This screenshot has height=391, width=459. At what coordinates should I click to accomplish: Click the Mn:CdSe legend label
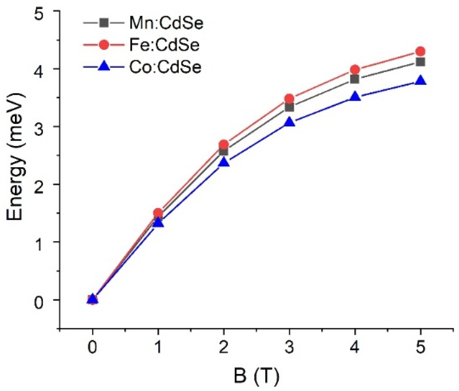[x=166, y=23]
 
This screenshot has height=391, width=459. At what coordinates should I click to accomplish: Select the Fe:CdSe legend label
[x=164, y=45]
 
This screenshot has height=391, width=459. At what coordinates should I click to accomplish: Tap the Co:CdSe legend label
[x=165, y=67]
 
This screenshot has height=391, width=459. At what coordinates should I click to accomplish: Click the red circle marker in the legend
[x=104, y=45]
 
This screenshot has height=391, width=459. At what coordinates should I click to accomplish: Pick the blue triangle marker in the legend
[x=104, y=66]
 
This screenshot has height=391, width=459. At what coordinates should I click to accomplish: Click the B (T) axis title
[x=256, y=376]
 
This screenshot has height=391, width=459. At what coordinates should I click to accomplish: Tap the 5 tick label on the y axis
[x=38, y=15]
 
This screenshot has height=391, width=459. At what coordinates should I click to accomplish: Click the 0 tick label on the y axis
[x=38, y=302]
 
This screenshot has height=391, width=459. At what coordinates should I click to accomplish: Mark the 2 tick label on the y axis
[x=38, y=187]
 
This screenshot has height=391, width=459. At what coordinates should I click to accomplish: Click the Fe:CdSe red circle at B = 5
[x=420, y=51]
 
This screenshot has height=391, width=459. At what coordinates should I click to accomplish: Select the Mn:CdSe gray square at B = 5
[x=420, y=62]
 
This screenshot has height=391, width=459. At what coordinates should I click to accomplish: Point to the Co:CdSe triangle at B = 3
[x=289, y=122]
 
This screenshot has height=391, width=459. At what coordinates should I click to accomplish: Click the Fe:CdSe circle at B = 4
[x=355, y=70]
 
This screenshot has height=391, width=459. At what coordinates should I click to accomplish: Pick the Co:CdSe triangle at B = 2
[x=224, y=162]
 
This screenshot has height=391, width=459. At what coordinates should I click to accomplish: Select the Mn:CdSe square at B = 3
[x=289, y=107]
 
